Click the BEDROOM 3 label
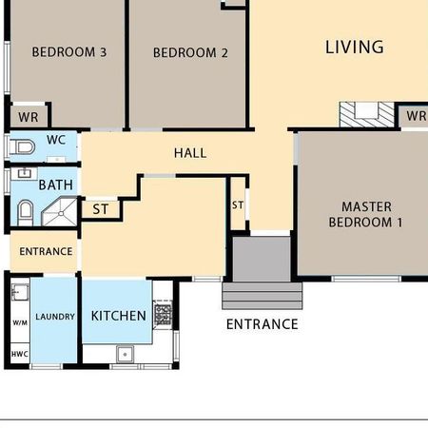coord(68,52)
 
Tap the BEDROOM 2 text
coord(190,53)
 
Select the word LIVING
coord(354,47)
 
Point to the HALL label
coord(190,152)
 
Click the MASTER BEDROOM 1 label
coord(366,214)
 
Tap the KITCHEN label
coord(118,316)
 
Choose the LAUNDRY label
coord(55,316)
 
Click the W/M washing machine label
coord(19,322)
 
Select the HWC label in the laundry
coord(19,354)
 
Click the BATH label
coord(55,185)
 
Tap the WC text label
coord(56,140)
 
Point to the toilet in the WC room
coord(24,146)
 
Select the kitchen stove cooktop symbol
coord(163,314)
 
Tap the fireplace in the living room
coord(366,114)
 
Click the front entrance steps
coord(262,295)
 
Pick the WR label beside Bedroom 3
coord(28,118)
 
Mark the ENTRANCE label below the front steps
coord(262,324)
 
